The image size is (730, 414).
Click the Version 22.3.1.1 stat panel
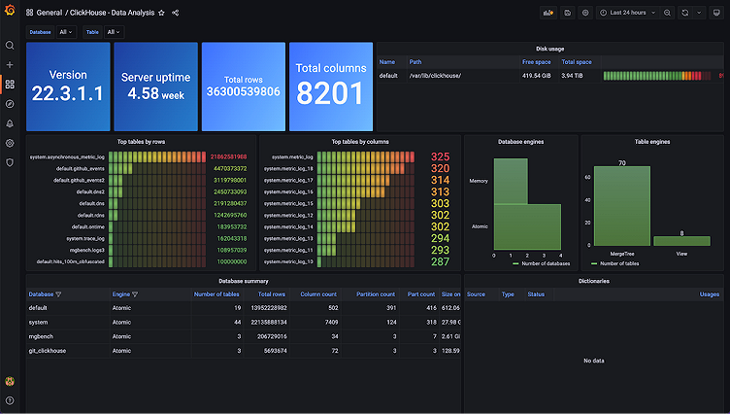(67, 86)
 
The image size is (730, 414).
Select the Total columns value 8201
(331, 92)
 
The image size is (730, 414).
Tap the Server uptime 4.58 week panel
(154, 86)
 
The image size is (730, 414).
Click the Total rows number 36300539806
(243, 91)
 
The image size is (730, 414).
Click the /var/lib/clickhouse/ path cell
(435, 75)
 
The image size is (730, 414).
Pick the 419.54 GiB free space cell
(537, 75)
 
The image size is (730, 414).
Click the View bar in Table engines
(681, 241)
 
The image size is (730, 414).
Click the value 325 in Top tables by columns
(440, 156)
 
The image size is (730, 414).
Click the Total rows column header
(272, 293)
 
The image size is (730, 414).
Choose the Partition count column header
(375, 293)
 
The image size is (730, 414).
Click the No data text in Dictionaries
(594, 361)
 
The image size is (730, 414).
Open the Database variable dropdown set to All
(66, 32)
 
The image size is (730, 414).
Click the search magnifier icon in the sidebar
(10, 46)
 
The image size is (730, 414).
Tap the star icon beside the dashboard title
(161, 13)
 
